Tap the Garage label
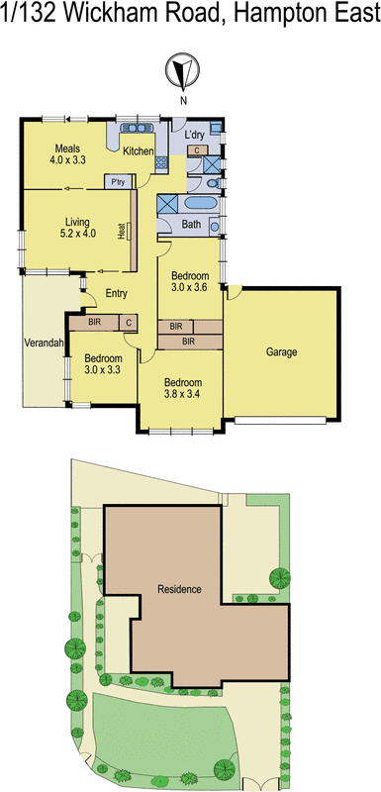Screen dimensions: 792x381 pos(282,351)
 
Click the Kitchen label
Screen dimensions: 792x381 pos(138,150)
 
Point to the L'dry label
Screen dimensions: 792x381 pos(195,134)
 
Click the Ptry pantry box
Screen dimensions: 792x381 pos(119,181)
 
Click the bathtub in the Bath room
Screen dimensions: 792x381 pos(200,203)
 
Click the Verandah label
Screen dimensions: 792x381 pos(45,344)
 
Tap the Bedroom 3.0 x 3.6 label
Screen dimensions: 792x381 pos(189,280)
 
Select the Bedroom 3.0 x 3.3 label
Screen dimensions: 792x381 pos(102,363)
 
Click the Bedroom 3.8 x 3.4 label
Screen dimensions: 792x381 pos(183,388)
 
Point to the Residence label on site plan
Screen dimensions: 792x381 pos(179,589)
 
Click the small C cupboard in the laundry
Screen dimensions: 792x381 pos(198,150)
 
